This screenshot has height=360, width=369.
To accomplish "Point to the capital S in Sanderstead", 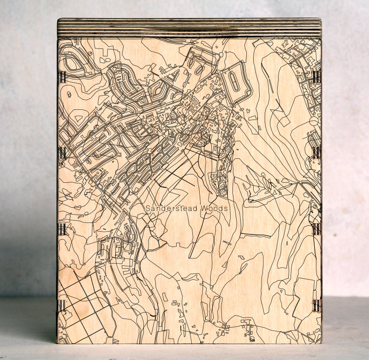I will (148, 209).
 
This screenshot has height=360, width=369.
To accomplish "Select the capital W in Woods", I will (204, 209).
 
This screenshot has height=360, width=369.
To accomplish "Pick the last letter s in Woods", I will (226, 209).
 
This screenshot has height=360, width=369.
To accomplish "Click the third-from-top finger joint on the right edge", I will (316, 229).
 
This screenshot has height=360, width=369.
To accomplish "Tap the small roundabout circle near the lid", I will (220, 54).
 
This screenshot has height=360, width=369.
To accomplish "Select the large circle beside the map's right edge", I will (314, 121).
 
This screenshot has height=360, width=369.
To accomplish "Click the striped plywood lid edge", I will (189, 28).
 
